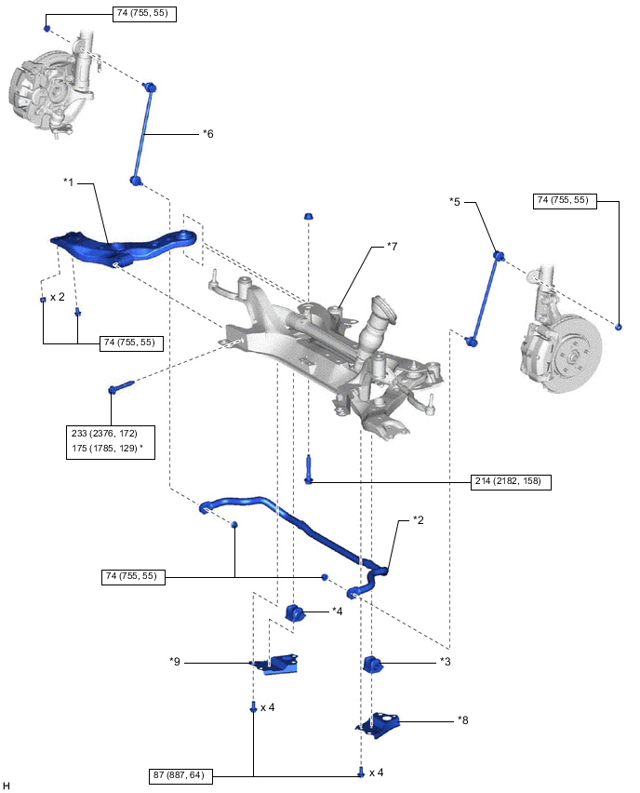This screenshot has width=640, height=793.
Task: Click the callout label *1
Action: click(69, 181)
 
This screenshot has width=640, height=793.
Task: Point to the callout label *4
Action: click(339, 612)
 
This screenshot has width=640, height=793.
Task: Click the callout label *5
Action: click(455, 201)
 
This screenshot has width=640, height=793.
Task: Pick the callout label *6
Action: click(208, 134)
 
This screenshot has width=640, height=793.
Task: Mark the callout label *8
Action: click(463, 719)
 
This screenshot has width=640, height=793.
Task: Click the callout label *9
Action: click(175, 662)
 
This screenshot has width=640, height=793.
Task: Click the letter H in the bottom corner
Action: click(7, 786)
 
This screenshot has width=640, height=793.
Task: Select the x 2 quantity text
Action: click(58, 298)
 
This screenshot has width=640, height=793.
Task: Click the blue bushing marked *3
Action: click(373, 664)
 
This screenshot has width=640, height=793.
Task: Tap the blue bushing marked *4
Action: click(296, 613)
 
